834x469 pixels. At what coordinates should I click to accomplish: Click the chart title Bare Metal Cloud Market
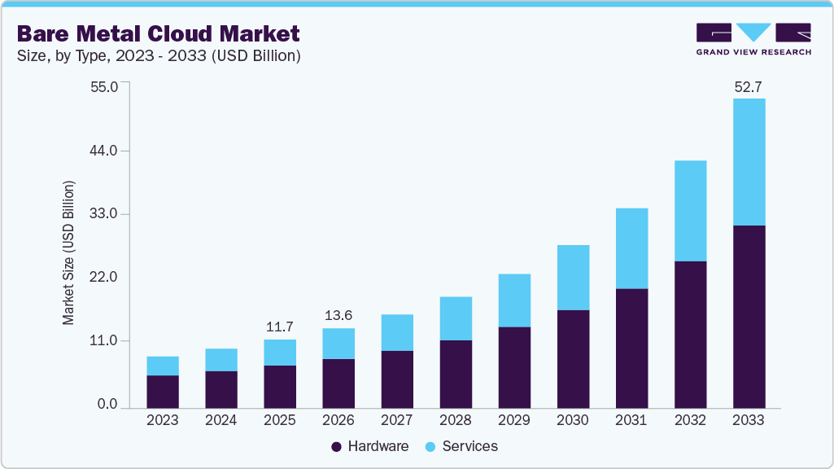pos(158,33)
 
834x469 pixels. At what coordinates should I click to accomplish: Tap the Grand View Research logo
pos(753,39)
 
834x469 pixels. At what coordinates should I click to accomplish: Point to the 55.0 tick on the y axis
pos(107,86)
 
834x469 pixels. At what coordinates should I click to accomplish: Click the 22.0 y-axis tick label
pos(107,278)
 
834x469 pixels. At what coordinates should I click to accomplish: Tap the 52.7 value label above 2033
pos(748,87)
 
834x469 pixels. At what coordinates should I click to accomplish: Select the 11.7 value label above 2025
pos(280,327)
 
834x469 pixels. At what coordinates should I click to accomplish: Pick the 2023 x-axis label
pos(163,421)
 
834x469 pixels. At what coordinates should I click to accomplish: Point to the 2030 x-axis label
pos(573,421)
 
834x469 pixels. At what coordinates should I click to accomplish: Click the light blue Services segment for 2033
pos(749,161)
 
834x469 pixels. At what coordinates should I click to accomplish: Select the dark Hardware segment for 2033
pos(749,317)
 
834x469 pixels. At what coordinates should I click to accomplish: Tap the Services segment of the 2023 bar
pos(163,366)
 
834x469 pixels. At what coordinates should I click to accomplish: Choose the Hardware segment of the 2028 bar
pos(456,374)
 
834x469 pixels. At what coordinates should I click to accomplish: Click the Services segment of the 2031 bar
pos(631,248)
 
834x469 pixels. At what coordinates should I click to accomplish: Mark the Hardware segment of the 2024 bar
pos(221,389)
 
